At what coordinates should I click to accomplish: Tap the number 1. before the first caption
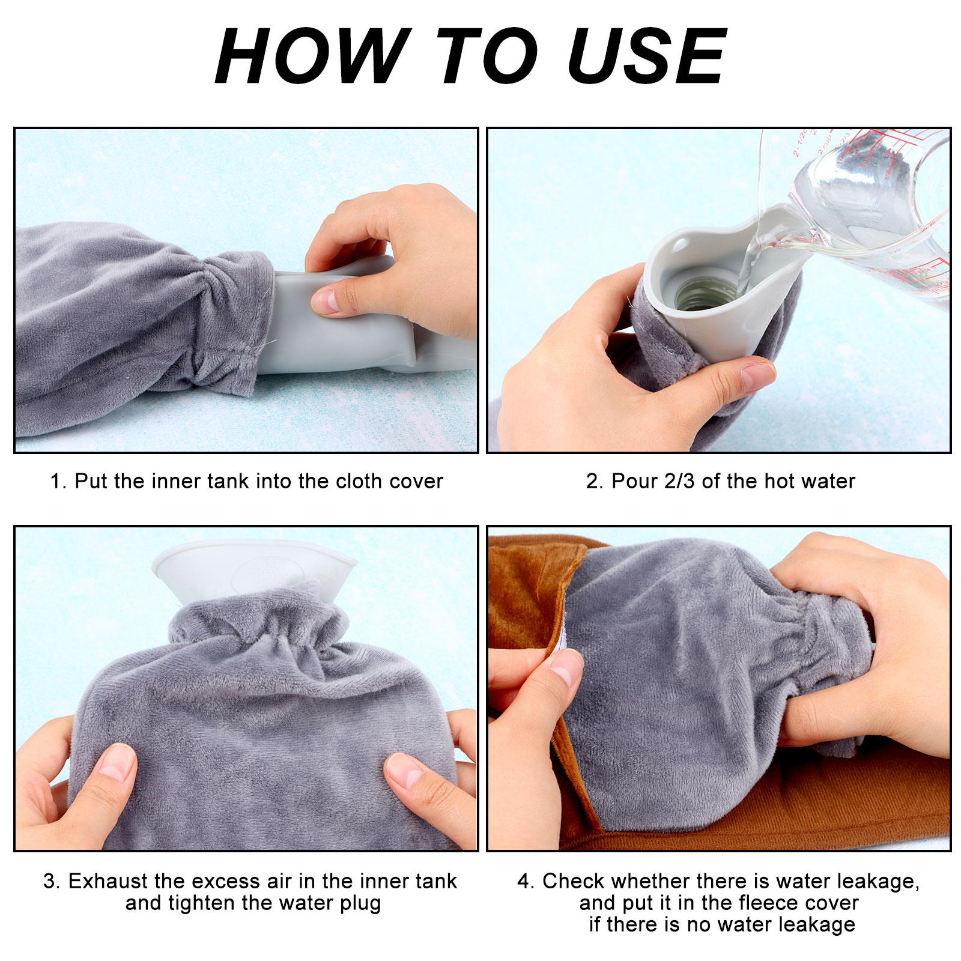tap(58, 481)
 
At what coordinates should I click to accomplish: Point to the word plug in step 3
tap(358, 904)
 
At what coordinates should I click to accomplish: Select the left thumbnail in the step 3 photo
tap(116, 762)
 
